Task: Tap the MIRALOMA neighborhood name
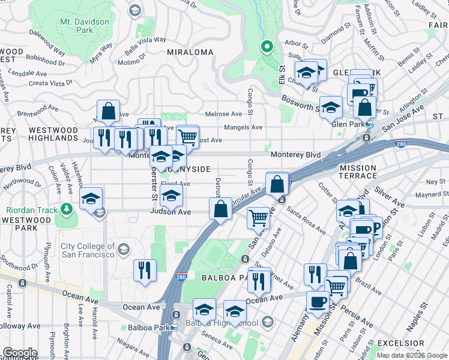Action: pos(190,52)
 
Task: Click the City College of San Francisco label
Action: pos(88,250)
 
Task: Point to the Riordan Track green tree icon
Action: pos(67,209)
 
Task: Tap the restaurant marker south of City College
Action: pos(145,271)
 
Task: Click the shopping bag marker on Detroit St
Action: pos(220,209)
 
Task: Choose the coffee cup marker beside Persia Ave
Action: pos(318,302)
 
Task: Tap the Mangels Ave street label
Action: pos(243,127)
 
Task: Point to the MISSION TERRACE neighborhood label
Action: pos(358,172)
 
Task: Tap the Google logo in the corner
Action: pos(20,353)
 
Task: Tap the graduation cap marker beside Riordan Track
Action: pos(91,199)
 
